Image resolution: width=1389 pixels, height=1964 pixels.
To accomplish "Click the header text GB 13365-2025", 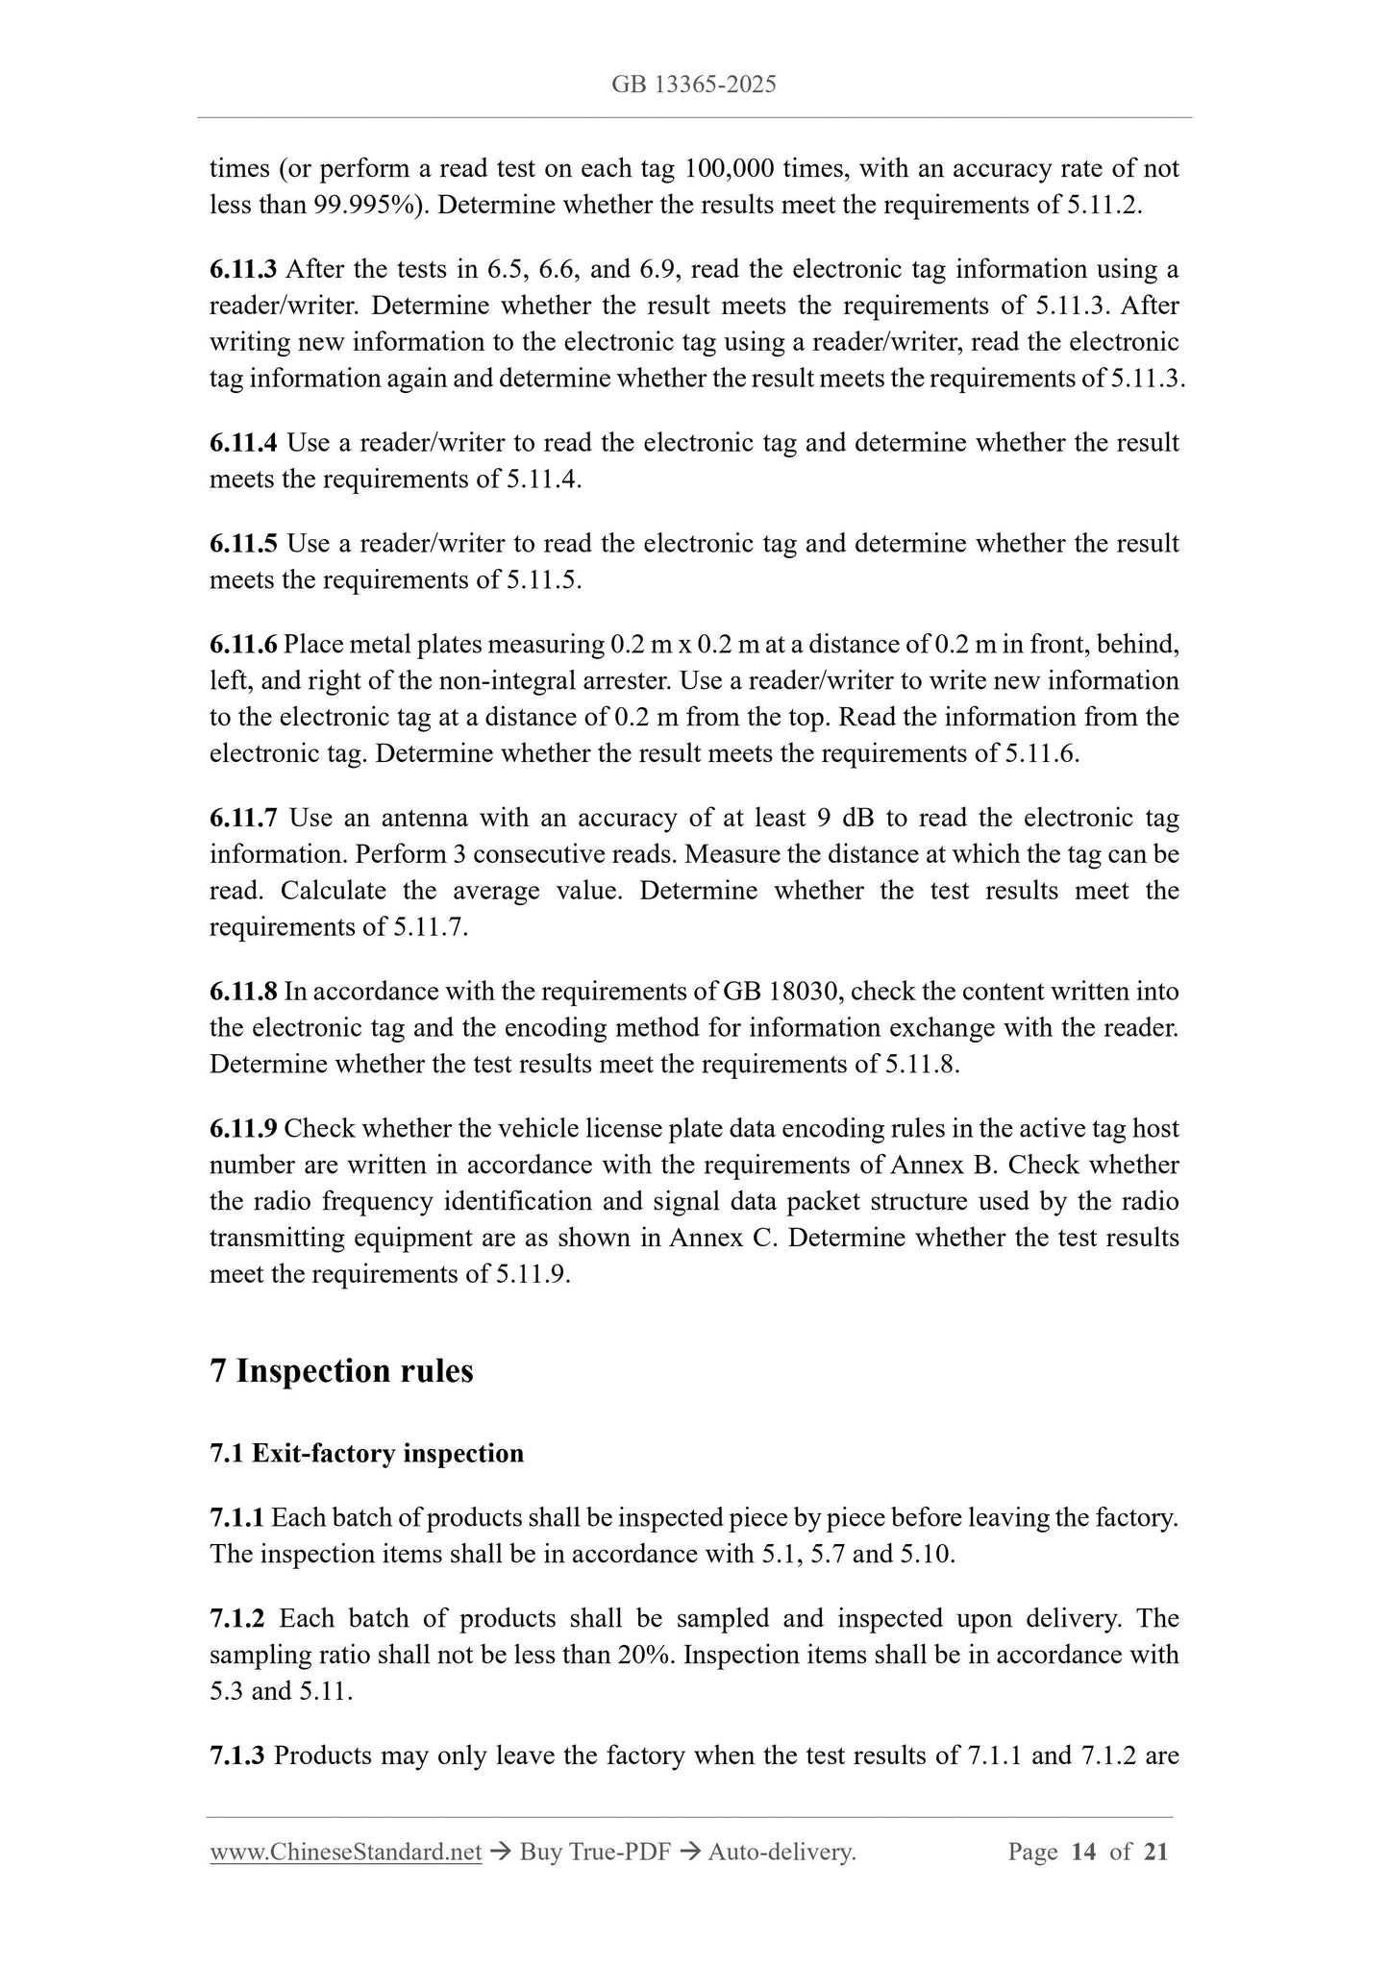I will (x=693, y=85).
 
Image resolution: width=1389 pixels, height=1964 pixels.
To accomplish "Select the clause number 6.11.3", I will (x=243, y=269).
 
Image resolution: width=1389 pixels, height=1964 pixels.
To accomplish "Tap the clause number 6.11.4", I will (x=243, y=443).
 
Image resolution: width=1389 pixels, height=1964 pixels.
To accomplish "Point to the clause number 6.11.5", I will (x=243, y=544).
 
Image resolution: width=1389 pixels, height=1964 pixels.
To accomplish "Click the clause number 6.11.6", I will (x=243, y=644).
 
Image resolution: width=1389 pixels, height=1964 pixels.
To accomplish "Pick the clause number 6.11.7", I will (x=243, y=818).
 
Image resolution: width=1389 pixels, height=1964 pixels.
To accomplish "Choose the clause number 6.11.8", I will (x=243, y=992).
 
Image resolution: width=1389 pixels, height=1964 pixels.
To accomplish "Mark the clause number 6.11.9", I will (x=243, y=1128).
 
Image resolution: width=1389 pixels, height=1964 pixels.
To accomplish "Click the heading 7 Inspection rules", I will (x=341, y=1370).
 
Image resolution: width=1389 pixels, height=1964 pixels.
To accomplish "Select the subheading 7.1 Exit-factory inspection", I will (x=366, y=1453).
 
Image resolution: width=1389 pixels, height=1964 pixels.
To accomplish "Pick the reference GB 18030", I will (x=777, y=992).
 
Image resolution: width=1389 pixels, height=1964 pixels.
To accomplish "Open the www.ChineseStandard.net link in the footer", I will (x=345, y=1852).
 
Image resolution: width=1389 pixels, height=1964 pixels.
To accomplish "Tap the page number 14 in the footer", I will (x=1083, y=1852).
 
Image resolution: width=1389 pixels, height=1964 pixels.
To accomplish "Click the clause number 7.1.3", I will (x=236, y=1755).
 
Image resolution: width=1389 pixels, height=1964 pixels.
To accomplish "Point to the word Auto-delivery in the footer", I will (x=781, y=1852).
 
